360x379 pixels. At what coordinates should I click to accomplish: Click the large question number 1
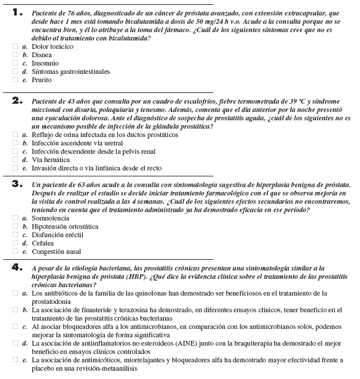click(17, 12)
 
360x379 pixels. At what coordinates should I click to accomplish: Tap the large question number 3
click(17, 184)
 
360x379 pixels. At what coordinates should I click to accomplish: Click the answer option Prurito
click(42, 80)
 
